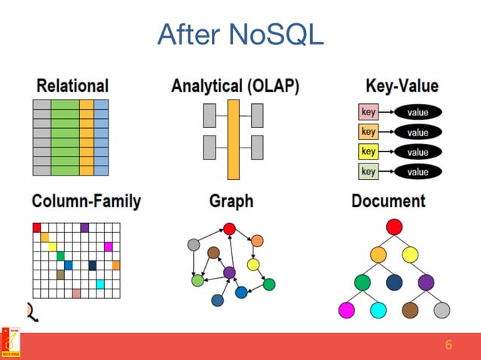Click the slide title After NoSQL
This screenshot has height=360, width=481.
click(240, 34)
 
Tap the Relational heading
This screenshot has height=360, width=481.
click(72, 86)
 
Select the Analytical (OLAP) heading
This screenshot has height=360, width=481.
click(235, 86)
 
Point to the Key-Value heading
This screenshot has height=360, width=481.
click(401, 86)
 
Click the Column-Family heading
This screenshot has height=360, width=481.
click(86, 201)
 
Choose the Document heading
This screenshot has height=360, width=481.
click(388, 201)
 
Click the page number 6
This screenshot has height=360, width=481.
click(449, 346)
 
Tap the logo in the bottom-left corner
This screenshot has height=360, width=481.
click(11, 343)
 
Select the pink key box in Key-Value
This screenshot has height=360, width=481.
click(368, 112)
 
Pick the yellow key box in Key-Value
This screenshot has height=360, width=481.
click(368, 151)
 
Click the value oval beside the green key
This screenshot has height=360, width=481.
click(418, 172)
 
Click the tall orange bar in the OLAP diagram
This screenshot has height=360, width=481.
click(234, 139)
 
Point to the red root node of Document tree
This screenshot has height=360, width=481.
click(394, 227)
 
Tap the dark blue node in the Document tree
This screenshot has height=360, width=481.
click(394, 282)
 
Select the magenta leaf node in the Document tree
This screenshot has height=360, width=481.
click(347, 310)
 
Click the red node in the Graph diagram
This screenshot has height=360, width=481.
click(230, 228)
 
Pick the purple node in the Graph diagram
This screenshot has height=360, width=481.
click(229, 272)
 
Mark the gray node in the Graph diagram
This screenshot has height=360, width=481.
click(194, 244)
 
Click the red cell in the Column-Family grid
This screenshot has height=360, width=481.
click(37, 227)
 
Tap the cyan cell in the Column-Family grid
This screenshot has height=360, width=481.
click(100, 284)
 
